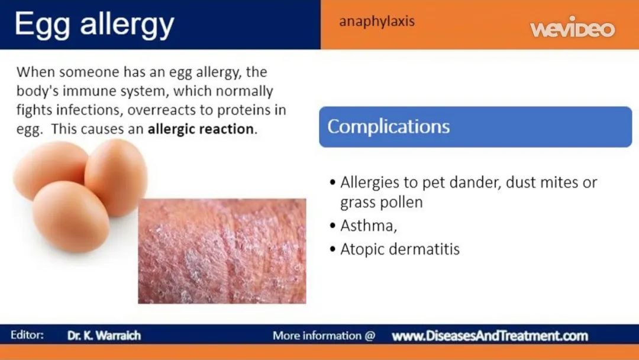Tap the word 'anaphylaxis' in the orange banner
tap(377, 21)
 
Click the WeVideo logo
tap(573, 27)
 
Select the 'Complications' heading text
tap(388, 127)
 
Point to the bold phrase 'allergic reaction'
tap(201, 129)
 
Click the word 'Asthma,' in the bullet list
tap(369, 226)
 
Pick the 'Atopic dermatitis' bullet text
tap(400, 249)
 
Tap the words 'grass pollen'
tap(382, 202)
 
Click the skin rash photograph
tap(222, 251)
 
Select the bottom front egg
tap(71, 216)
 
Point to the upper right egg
tap(116, 178)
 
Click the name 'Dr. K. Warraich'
tap(104, 336)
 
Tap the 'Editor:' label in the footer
tap(27, 335)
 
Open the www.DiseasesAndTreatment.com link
tap(490, 336)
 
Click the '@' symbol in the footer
tap(370, 336)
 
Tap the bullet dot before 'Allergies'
tap(333, 182)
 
